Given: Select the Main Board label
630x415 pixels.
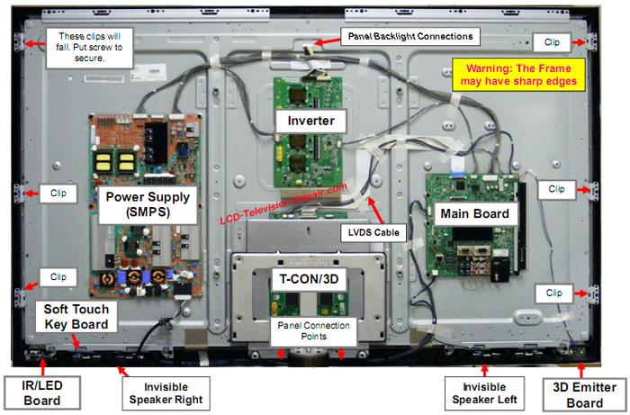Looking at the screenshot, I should (474, 214).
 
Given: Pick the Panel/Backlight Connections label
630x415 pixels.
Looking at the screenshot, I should (409, 36).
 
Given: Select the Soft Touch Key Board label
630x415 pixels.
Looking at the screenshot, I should (76, 316).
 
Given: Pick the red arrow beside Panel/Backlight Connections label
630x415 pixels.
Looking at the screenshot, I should (326, 41).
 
